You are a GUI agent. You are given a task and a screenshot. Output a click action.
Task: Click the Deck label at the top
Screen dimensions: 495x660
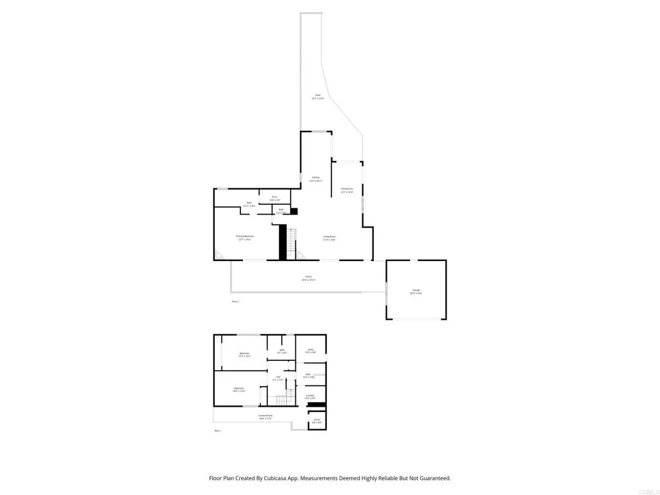317,95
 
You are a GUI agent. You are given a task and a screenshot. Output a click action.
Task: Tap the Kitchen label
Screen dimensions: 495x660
316,177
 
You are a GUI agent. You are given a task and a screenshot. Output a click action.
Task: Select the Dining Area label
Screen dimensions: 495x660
347,188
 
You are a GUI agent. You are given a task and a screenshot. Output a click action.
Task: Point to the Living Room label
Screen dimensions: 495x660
329,237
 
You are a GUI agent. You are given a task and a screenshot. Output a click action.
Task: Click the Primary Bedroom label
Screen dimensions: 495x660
245,237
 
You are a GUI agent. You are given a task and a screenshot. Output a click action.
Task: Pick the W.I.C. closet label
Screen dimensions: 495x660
275,197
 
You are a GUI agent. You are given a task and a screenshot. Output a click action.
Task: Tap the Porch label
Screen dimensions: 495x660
308,278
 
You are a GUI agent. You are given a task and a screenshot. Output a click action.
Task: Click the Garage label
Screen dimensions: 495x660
416,291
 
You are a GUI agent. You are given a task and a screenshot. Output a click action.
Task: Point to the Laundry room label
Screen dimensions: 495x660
310,395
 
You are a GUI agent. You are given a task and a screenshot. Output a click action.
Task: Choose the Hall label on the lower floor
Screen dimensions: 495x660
278,378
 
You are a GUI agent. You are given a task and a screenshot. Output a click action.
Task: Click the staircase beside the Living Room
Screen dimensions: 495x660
291,244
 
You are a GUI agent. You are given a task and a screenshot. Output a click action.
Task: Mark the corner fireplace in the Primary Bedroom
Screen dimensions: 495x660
219,255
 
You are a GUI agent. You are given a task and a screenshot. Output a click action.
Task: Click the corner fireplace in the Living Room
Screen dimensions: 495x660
300,255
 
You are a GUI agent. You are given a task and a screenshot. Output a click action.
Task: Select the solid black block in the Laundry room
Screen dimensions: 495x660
317,405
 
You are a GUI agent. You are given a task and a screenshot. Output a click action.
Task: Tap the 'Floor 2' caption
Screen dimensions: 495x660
235,301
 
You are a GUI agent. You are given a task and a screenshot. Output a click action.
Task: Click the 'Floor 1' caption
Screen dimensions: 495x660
218,430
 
